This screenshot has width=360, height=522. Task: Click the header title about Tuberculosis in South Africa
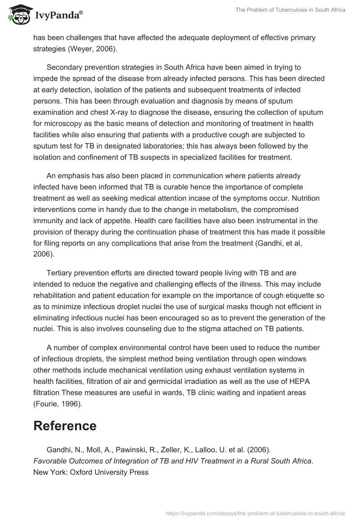[290, 10]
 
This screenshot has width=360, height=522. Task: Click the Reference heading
[65, 426]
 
